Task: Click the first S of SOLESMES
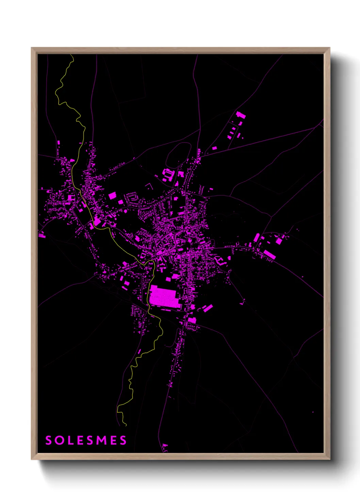(49, 440)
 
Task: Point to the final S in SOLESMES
(123, 440)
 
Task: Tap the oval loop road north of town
(178, 155)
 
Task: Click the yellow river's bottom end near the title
(126, 425)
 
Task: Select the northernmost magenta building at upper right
(241, 115)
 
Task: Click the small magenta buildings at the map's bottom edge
(165, 447)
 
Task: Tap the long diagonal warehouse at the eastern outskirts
(269, 254)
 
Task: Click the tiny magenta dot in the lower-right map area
(313, 412)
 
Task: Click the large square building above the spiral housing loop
(112, 195)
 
